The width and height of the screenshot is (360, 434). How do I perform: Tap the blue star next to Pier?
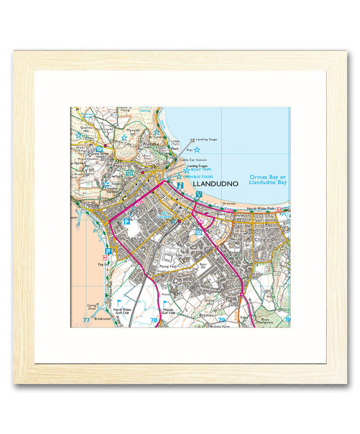[x=196, y=149]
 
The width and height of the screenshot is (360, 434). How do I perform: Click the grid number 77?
[x=87, y=319]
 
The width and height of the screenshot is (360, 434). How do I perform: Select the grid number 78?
[x=153, y=319]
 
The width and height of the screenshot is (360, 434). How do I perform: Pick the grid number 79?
[x=222, y=319]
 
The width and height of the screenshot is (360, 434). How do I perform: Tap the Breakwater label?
[x=101, y=318]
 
